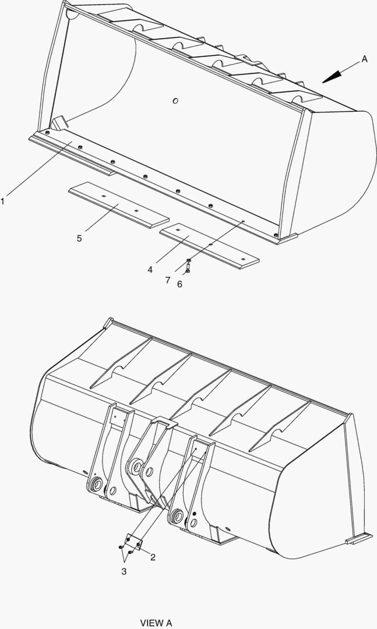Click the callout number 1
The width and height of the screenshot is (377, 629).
3,202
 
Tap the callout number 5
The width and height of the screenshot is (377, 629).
79,238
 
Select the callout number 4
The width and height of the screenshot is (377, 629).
150,270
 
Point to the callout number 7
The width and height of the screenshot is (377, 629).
167,280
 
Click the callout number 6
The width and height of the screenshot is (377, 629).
179,284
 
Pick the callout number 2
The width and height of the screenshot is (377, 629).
153,557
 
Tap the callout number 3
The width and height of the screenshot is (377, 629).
124,572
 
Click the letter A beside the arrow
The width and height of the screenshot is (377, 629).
364,59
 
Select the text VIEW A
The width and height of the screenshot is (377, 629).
156,623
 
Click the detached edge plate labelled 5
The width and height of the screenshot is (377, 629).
118,207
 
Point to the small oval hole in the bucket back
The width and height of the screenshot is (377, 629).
175,101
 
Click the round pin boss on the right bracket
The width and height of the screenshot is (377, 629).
175,515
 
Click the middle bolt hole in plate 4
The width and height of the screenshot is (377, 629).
210,243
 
